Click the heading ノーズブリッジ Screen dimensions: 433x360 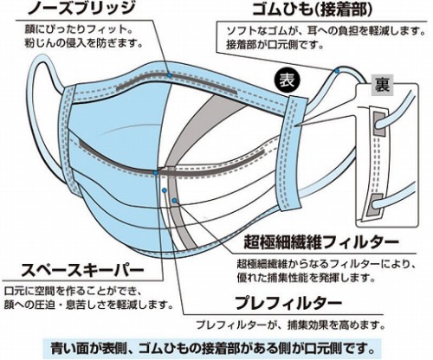[x=81, y=9]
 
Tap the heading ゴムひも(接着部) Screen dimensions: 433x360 [x=313, y=10]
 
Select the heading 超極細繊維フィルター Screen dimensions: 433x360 [x=321, y=242]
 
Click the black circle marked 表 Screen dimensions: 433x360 [x=288, y=80]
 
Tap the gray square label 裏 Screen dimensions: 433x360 [x=383, y=86]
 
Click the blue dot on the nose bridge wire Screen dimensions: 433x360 [x=170, y=75]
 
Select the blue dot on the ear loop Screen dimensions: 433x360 [x=337, y=71]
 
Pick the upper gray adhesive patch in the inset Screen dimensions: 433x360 [x=378, y=125]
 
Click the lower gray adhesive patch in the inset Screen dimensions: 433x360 [x=373, y=206]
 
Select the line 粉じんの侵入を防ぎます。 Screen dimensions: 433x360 [x=84, y=44]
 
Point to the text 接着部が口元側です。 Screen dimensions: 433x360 [x=275, y=45]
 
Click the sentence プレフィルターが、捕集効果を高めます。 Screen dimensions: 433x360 [x=291, y=325]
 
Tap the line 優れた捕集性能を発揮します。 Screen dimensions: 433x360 [x=306, y=278]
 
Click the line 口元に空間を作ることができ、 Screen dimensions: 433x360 [x=73, y=292]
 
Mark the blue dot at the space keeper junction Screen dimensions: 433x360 [x=156, y=173]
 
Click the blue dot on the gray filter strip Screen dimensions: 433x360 [x=174, y=201]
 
